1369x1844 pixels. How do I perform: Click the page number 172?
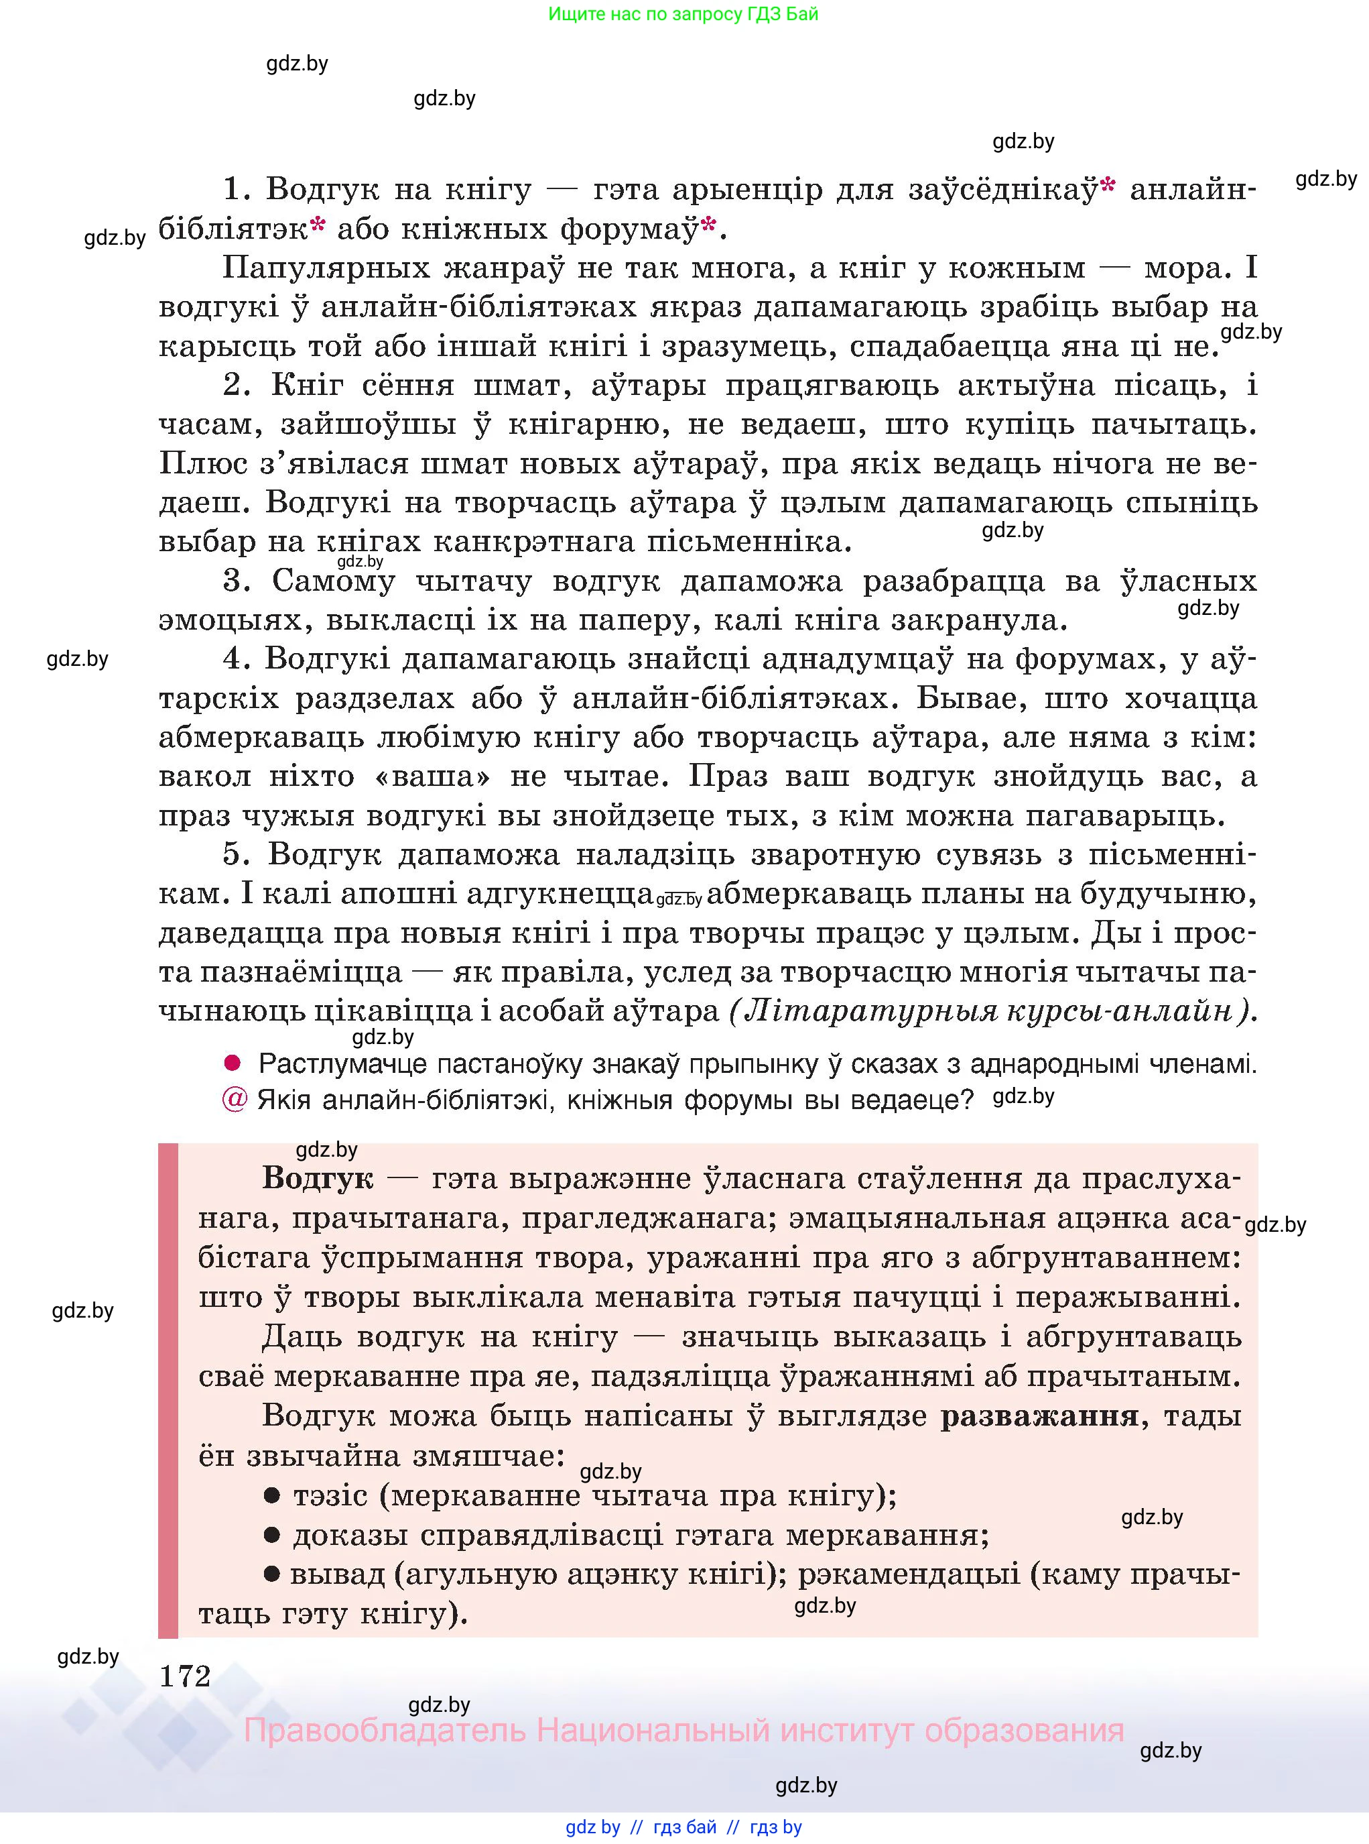click(x=185, y=1676)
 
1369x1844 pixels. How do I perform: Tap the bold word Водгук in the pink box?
click(x=318, y=1178)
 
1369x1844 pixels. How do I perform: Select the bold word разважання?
click(x=1039, y=1416)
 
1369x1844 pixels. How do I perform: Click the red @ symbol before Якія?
click(x=235, y=1100)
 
